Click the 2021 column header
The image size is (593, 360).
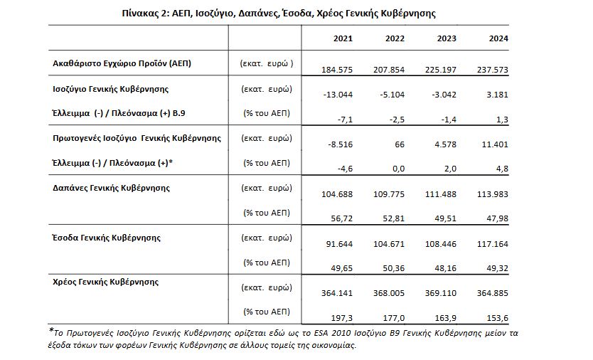click(x=343, y=38)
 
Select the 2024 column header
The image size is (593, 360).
click(x=498, y=38)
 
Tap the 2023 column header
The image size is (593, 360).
click(x=447, y=38)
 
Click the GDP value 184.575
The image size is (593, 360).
click(x=337, y=70)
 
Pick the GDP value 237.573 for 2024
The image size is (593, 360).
click(x=493, y=70)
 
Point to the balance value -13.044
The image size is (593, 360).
click(x=338, y=95)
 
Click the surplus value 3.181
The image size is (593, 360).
click(x=497, y=95)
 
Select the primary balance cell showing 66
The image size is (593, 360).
click(x=400, y=144)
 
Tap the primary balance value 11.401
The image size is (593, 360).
click(x=495, y=144)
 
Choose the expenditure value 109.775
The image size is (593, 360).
click(x=389, y=194)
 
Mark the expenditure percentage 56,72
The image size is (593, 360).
click(x=341, y=219)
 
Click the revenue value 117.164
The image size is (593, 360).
click(x=493, y=244)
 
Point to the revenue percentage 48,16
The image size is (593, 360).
click(x=445, y=268)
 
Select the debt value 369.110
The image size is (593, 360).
click(x=441, y=293)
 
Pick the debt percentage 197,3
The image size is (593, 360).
click(x=341, y=318)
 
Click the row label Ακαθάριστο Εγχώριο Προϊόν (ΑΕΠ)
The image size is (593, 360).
click(x=122, y=63)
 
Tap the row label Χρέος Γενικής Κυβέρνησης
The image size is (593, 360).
click(x=105, y=282)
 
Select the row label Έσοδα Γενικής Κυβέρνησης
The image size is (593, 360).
click(x=106, y=238)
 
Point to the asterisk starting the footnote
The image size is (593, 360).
click(x=51, y=329)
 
